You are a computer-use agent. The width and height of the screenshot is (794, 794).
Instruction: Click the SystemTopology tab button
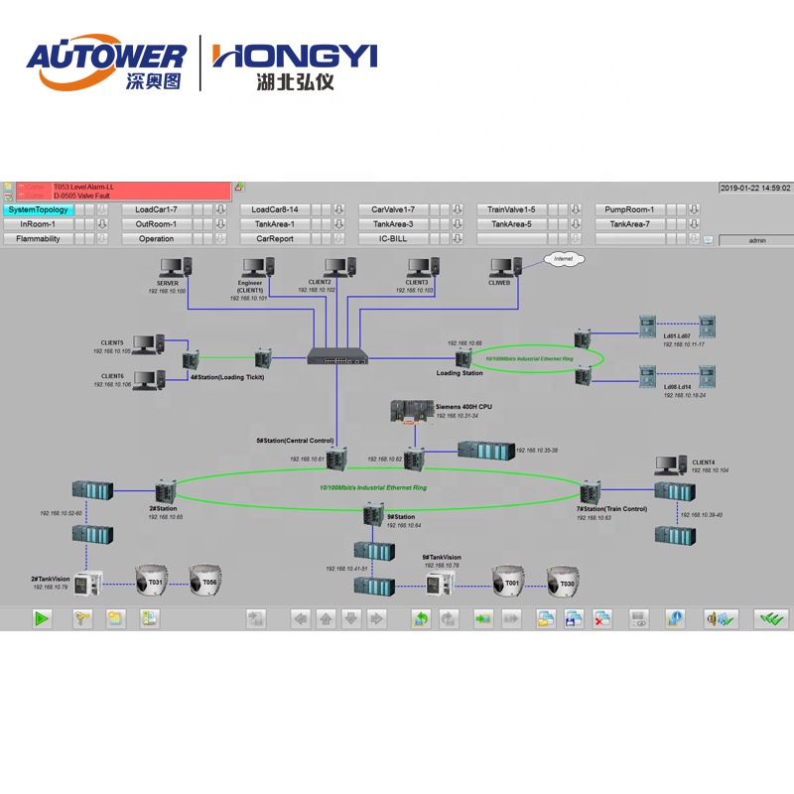coord(38,210)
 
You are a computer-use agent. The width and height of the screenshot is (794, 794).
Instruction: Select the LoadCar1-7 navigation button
coord(156,210)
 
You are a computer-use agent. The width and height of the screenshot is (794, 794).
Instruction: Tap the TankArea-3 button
coord(393,224)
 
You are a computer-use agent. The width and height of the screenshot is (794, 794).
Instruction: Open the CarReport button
coord(275,239)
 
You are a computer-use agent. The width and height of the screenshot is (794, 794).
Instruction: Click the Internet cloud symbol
coord(564,258)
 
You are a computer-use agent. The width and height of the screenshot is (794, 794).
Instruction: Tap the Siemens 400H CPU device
coord(410,411)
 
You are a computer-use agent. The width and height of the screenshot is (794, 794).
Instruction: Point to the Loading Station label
coord(460,373)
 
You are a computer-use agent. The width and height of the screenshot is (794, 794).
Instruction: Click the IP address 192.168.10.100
coord(167,291)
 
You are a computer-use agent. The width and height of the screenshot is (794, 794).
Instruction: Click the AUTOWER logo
coord(105,65)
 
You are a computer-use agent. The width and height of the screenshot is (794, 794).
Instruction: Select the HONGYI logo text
coord(295,56)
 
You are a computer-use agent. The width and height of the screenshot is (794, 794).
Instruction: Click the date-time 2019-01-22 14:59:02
coord(755,188)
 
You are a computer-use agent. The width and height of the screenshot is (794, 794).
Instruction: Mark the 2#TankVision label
coord(50,579)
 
